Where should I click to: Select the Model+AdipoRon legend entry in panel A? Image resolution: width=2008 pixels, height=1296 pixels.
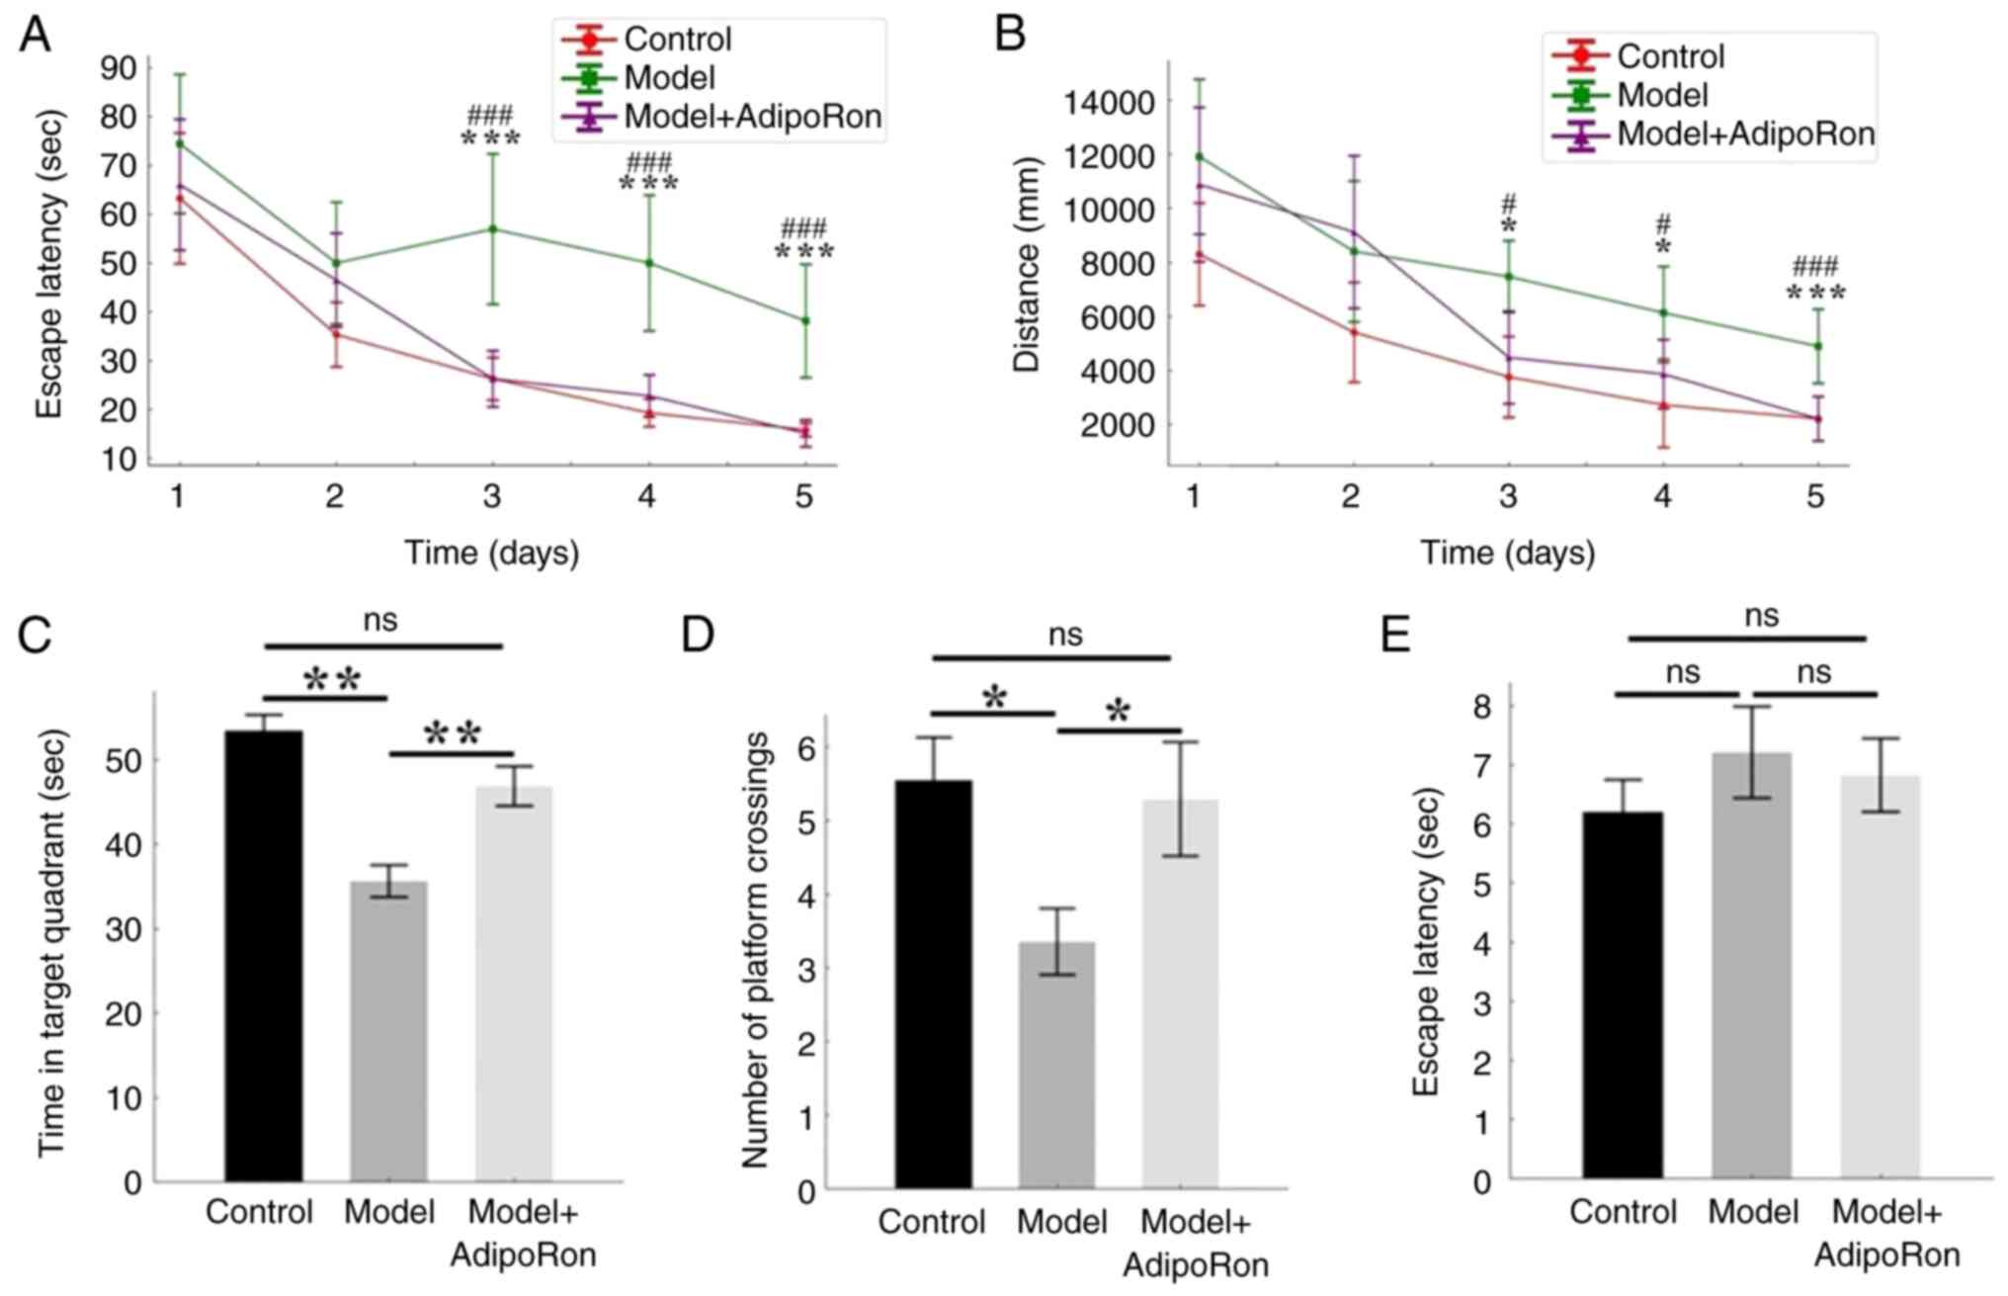click(x=752, y=117)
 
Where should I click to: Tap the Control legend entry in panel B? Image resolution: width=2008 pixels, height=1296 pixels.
click(x=1670, y=56)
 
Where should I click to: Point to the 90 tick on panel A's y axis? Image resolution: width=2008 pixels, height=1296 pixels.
click(x=120, y=68)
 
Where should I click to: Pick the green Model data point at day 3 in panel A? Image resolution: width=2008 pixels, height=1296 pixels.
click(x=492, y=229)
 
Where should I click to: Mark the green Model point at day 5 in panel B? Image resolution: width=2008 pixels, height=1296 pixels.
click(x=1816, y=346)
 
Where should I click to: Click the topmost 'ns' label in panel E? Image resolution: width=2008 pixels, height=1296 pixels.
click(x=1761, y=616)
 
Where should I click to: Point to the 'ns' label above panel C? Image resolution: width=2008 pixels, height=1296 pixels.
click(x=380, y=620)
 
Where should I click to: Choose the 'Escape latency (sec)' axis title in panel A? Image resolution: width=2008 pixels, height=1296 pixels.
click(x=49, y=264)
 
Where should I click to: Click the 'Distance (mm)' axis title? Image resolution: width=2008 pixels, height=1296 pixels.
click(x=1028, y=264)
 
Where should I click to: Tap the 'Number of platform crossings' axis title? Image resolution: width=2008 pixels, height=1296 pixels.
click(x=755, y=949)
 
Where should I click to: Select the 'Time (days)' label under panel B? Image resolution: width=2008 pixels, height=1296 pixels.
click(x=1507, y=553)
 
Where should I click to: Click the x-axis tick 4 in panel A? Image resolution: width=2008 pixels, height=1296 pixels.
click(x=647, y=495)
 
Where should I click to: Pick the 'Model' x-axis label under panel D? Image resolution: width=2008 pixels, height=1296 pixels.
click(x=1062, y=1222)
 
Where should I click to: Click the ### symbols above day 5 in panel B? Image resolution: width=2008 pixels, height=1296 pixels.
click(x=1815, y=266)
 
